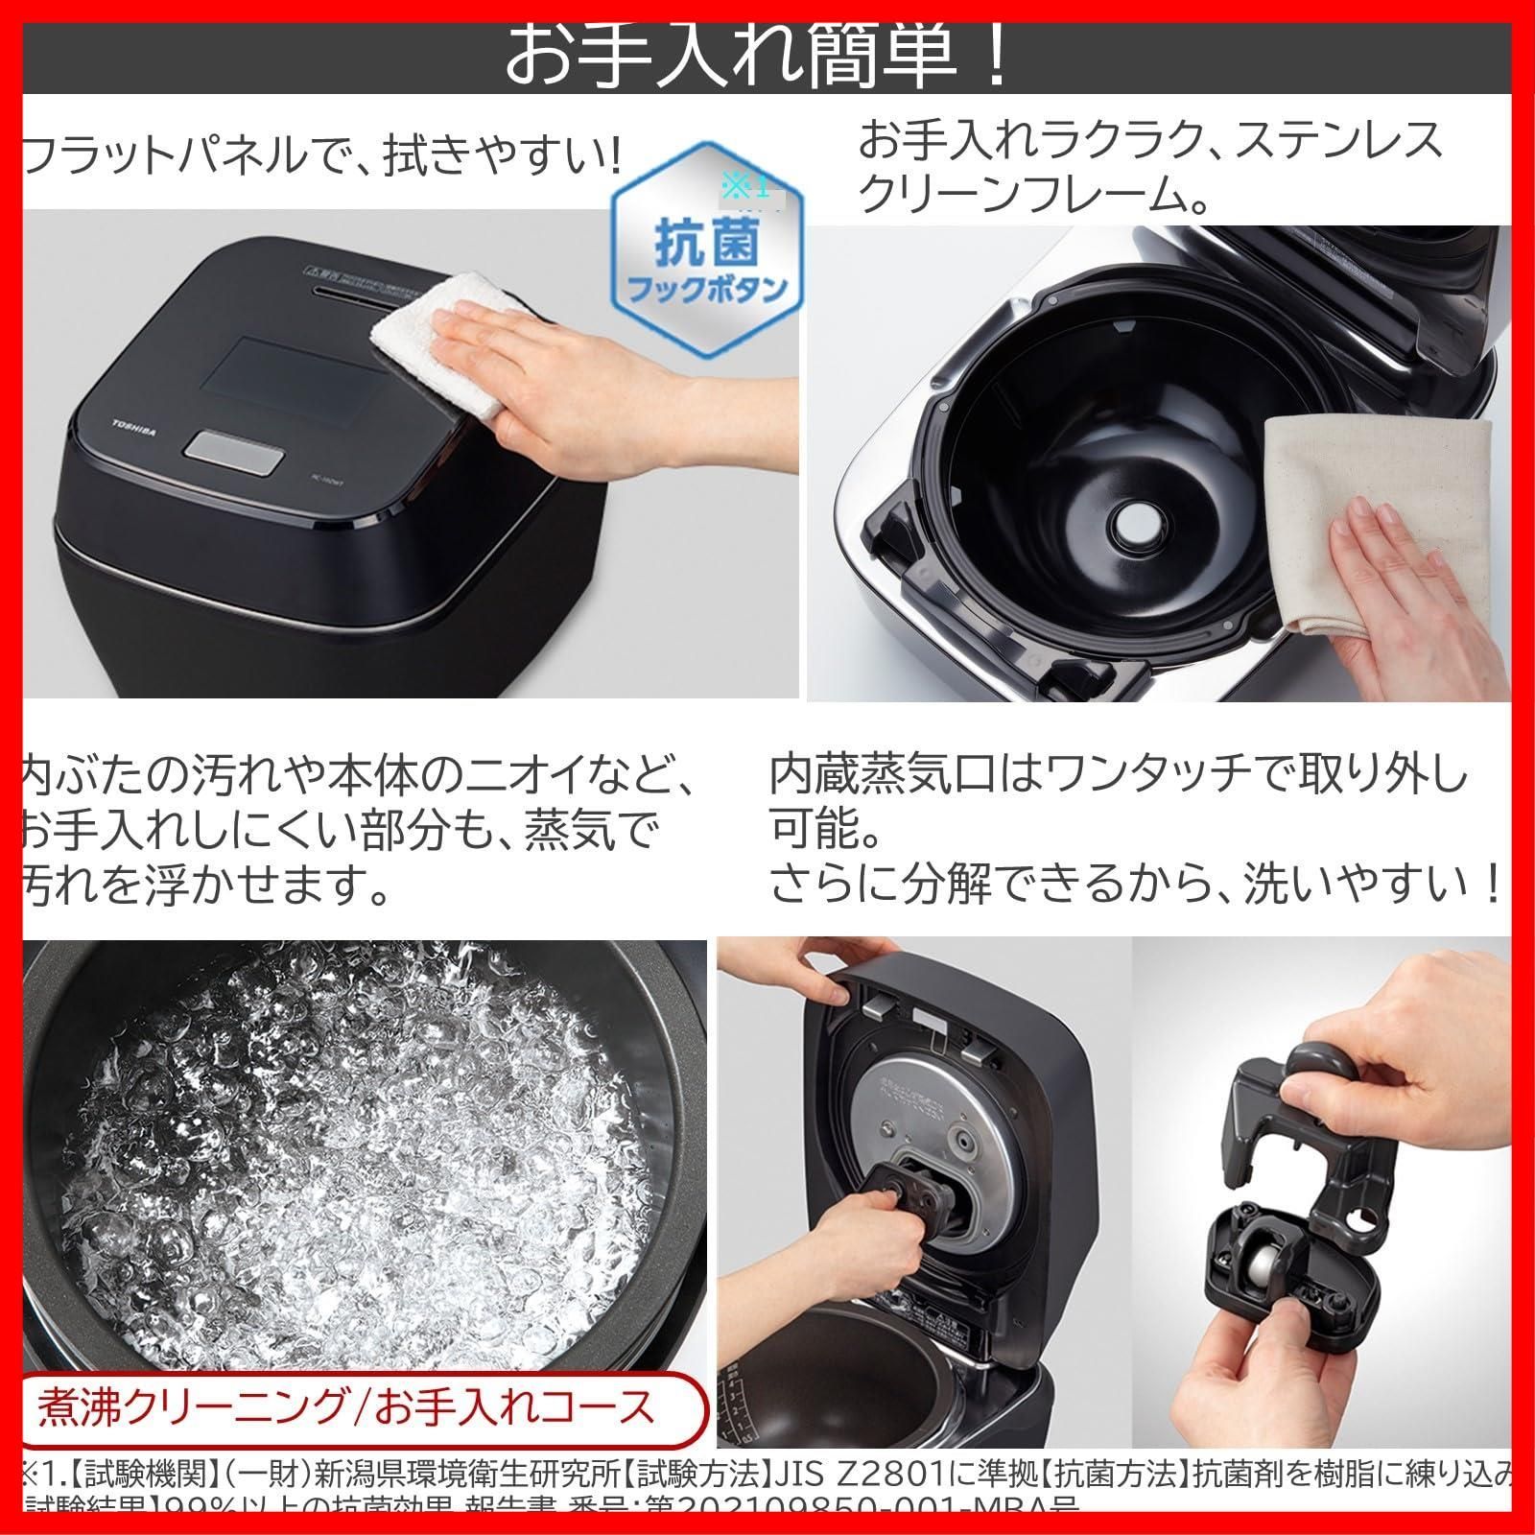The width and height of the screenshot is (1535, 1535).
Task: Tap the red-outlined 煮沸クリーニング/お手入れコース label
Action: [x=346, y=1407]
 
